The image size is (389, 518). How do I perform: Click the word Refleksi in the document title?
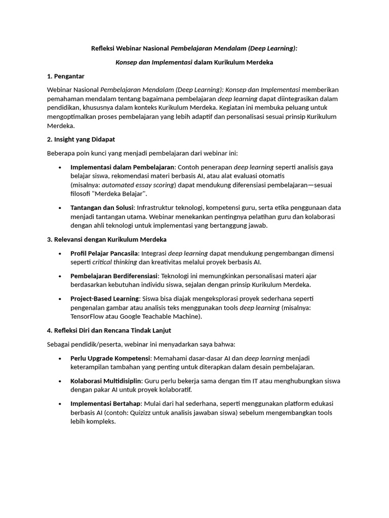(103, 49)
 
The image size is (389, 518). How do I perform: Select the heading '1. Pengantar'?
(66, 76)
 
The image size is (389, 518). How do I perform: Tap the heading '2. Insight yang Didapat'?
(84, 139)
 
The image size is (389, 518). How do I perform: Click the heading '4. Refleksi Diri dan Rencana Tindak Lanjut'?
(109, 330)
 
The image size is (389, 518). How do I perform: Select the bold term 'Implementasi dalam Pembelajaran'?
(122, 167)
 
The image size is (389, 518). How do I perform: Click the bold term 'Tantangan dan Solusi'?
(102, 207)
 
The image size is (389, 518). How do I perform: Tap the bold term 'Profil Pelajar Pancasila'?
(105, 253)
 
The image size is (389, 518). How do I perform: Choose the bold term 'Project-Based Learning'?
(104, 298)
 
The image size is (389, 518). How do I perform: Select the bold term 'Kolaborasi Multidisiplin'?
(106, 381)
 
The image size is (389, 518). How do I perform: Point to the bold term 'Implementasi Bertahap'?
(105, 404)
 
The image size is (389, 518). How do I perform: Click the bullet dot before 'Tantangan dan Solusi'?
(60, 208)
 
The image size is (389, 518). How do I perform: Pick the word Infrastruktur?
(159, 207)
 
